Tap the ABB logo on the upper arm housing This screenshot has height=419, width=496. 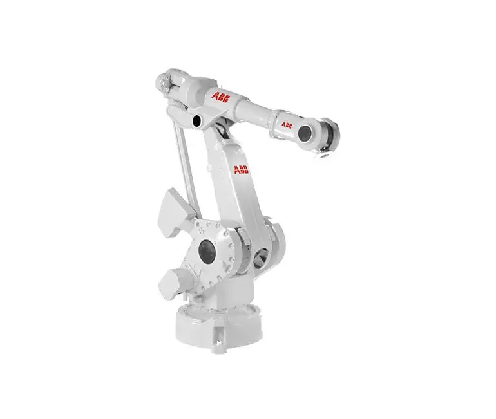pyautogui.click(x=221, y=97)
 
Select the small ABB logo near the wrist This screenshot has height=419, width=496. pyautogui.click(x=285, y=124)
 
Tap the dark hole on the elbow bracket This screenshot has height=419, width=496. pyautogui.click(x=196, y=120)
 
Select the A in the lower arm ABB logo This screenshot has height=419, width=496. pyautogui.click(x=236, y=170)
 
